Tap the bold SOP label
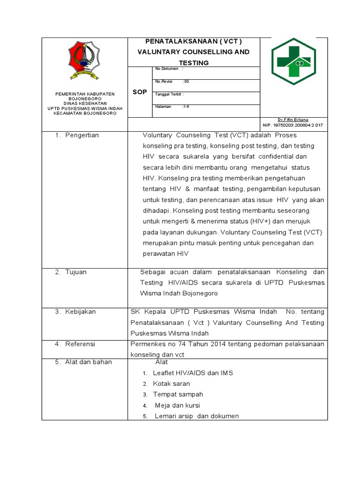click(x=140, y=92)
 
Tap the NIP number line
click(x=293, y=125)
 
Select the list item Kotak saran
click(x=172, y=383)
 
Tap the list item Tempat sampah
click(x=178, y=394)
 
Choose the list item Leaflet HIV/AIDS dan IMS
click(x=193, y=373)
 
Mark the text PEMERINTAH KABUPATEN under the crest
click(x=85, y=94)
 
